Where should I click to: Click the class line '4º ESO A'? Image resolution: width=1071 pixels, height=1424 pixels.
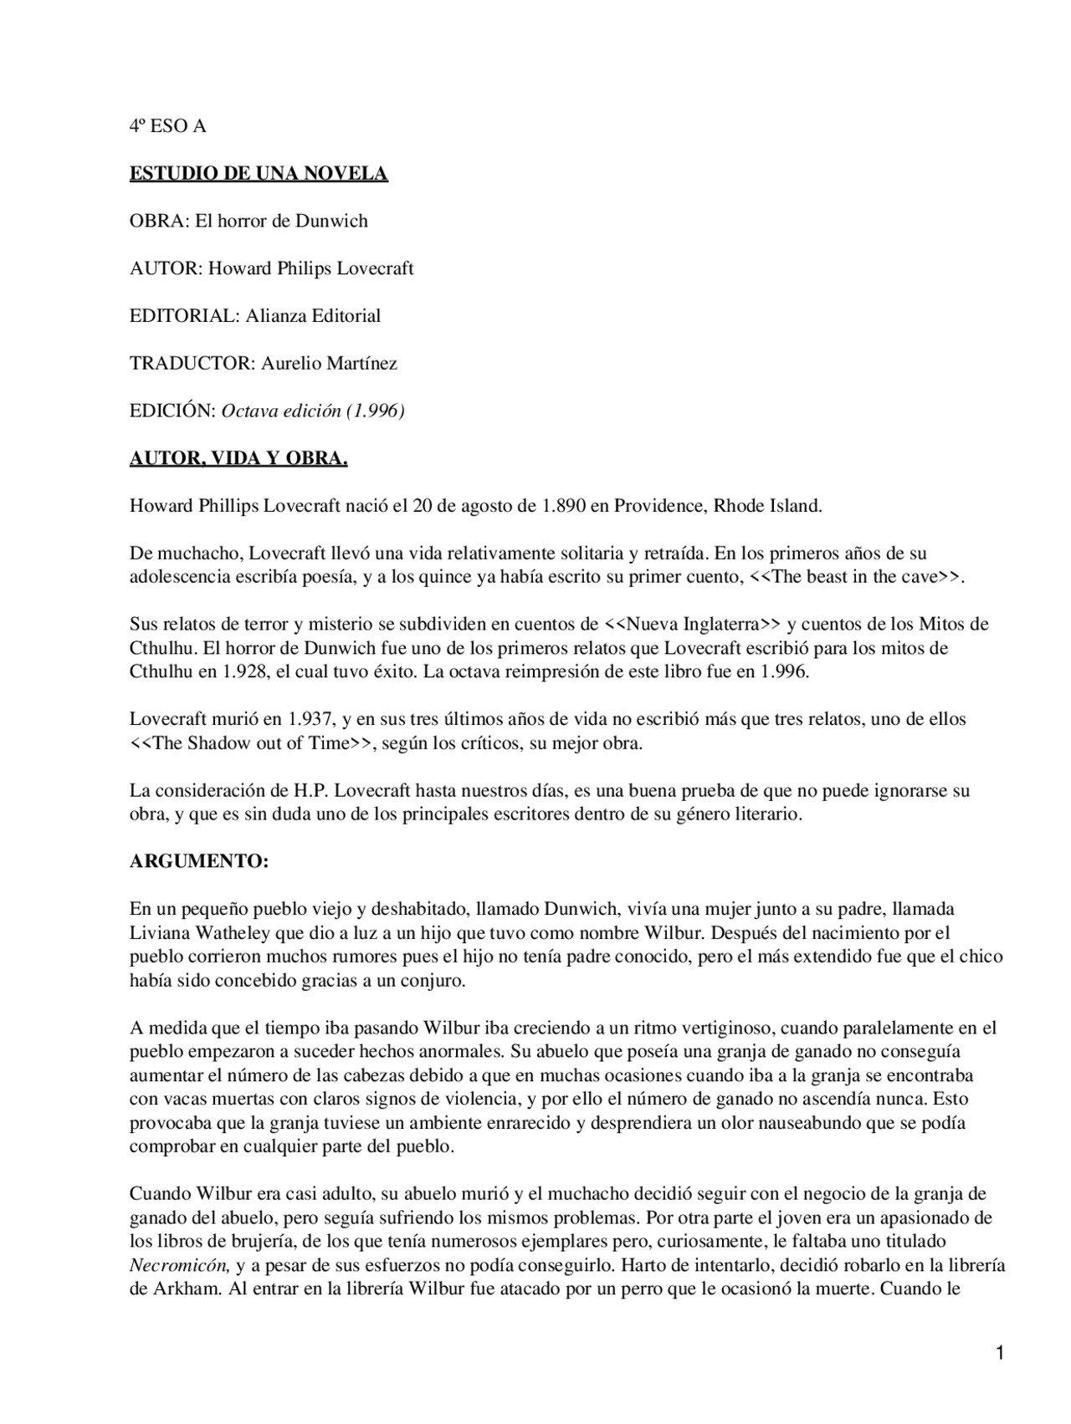[167, 126]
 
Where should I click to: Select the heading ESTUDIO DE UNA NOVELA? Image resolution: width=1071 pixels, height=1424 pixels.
[259, 174]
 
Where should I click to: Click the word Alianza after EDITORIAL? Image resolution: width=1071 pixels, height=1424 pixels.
[276, 315]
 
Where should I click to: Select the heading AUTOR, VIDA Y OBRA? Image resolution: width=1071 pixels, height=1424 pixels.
[238, 458]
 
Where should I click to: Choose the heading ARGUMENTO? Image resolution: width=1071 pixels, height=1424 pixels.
[199, 862]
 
